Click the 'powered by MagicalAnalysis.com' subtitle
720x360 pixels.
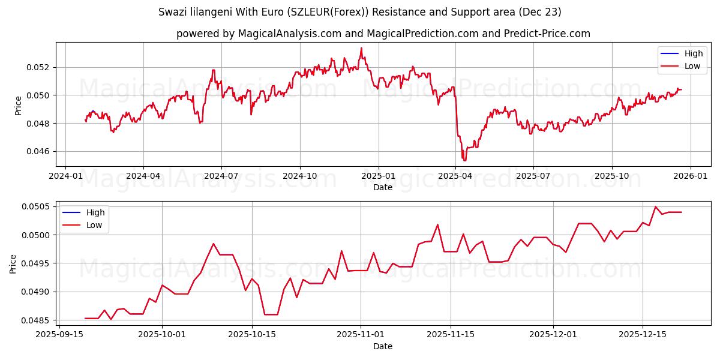coord(383,34)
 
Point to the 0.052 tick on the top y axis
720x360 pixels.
coord(39,67)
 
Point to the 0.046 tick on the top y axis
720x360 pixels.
coord(39,151)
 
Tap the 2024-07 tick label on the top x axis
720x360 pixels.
coord(221,176)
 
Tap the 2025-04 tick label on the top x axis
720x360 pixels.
coord(455,176)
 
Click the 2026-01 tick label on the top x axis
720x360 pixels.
coord(690,176)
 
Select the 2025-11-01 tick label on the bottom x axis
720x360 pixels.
coord(360,334)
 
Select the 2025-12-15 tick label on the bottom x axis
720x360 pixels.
coord(643,334)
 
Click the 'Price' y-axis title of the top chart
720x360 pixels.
coord(18,104)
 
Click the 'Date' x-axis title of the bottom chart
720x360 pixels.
coord(383,346)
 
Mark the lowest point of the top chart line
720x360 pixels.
coord(464,161)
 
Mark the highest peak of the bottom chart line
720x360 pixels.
coord(655,206)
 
